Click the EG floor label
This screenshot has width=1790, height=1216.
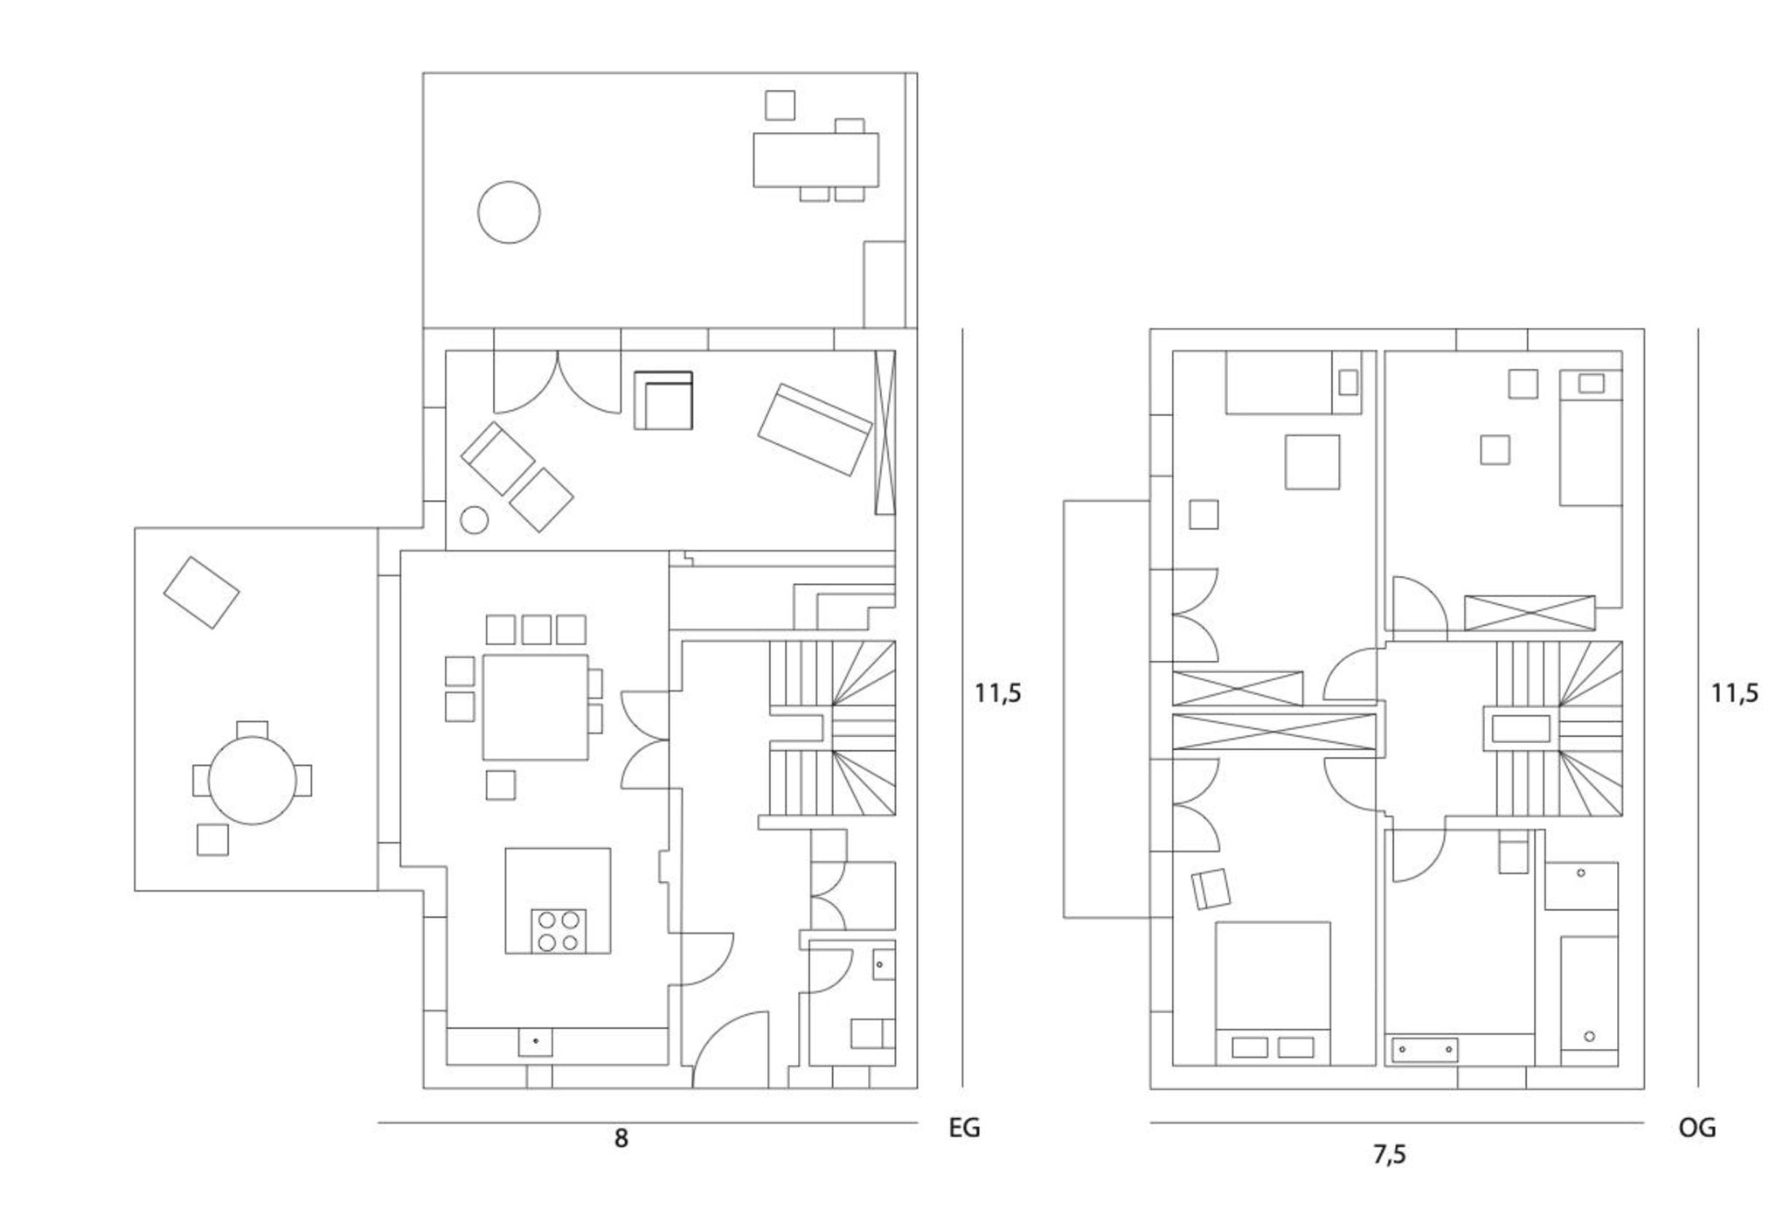click(x=964, y=1128)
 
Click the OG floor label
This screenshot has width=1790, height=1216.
click(x=1696, y=1128)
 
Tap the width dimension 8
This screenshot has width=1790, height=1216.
click(x=621, y=1138)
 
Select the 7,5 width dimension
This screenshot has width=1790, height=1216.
click(x=1389, y=1155)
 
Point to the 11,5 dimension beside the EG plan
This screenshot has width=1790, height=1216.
click(x=998, y=693)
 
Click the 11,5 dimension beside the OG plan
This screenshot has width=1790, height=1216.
click(x=1734, y=693)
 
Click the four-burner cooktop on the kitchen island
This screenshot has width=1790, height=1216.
click(x=559, y=930)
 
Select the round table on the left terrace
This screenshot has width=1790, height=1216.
click(x=252, y=780)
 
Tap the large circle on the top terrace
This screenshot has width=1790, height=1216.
click(x=509, y=212)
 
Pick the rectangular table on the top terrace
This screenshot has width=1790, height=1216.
click(x=815, y=159)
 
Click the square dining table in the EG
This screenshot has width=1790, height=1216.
click(x=535, y=706)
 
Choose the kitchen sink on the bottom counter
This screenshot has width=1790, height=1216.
click(x=536, y=1042)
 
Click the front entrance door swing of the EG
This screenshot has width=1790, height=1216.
click(x=731, y=1049)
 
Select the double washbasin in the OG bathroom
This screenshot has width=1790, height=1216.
click(x=1425, y=1048)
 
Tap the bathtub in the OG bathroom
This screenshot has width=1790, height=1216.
click(x=1588, y=1000)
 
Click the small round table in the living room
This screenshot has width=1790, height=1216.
click(x=474, y=520)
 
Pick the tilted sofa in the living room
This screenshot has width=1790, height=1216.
click(x=815, y=429)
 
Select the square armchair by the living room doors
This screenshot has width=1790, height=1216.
click(x=663, y=400)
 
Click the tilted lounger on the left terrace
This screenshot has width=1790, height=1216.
click(x=201, y=592)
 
